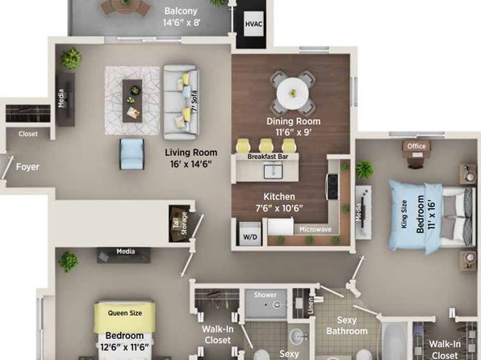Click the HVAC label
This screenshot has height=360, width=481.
(x=253, y=24)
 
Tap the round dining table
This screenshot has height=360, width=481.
(x=293, y=94)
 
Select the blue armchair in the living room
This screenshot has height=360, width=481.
(x=132, y=153)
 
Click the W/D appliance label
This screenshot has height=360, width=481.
(x=250, y=237)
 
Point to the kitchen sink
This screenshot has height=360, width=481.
(x=274, y=172)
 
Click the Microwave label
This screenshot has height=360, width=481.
(x=316, y=229)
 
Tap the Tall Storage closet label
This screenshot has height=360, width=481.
(x=180, y=223)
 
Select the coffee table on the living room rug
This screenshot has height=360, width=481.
(x=132, y=101)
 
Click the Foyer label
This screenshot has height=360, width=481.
(x=27, y=167)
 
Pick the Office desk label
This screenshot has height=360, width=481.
(x=416, y=146)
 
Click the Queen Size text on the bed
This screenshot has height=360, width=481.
(x=125, y=313)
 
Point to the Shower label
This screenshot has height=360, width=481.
(x=265, y=295)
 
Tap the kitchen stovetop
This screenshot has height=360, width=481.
(x=332, y=186)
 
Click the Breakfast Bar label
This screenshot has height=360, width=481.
(x=268, y=157)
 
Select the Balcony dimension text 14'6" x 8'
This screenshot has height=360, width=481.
(x=182, y=23)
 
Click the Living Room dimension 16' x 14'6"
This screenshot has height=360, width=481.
(x=191, y=164)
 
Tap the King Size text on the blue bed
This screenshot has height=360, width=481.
(x=404, y=214)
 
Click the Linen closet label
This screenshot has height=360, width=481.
(x=311, y=305)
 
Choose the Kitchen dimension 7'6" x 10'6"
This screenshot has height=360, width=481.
(x=279, y=208)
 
